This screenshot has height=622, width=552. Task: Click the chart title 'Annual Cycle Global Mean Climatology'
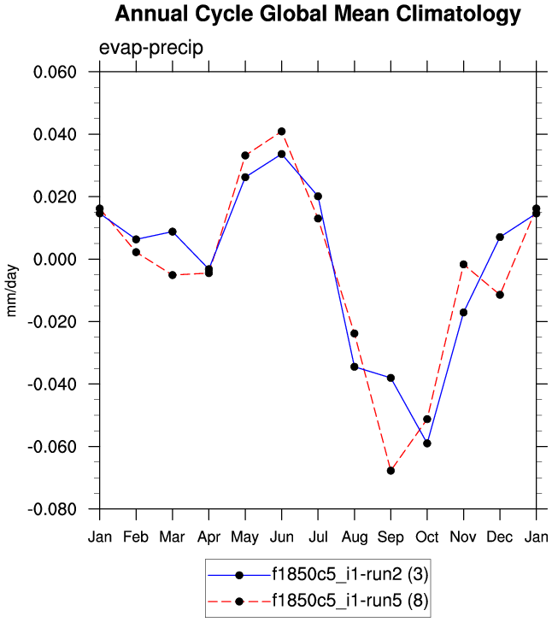pos(317,15)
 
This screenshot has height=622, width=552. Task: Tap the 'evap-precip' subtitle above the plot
pos(151,47)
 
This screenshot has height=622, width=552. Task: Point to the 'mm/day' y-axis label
pos(12,290)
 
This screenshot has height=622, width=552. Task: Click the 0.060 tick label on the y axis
pos(55,72)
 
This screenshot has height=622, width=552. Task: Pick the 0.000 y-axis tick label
pos(55,259)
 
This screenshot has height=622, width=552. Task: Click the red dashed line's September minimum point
pos(391,471)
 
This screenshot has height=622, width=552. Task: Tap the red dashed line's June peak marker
pos(281,132)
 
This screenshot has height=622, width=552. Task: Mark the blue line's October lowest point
pos(427,443)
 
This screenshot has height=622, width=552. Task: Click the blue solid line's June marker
pos(281,154)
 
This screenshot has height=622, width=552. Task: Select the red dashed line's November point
pos(464,265)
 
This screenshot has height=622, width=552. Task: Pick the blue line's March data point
pos(173,232)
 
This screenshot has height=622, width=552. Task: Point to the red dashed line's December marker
pos(500,295)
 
